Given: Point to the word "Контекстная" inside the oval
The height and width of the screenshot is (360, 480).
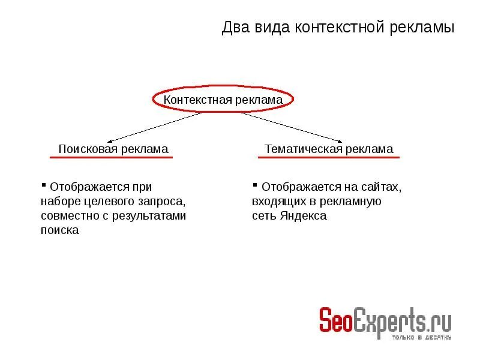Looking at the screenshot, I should point(194,100).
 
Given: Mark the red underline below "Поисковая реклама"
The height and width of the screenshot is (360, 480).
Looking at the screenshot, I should point(111,157).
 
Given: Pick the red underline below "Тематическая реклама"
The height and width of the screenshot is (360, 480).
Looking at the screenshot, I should point(328,157).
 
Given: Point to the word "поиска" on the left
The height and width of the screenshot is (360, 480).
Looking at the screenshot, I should point(60,230).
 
